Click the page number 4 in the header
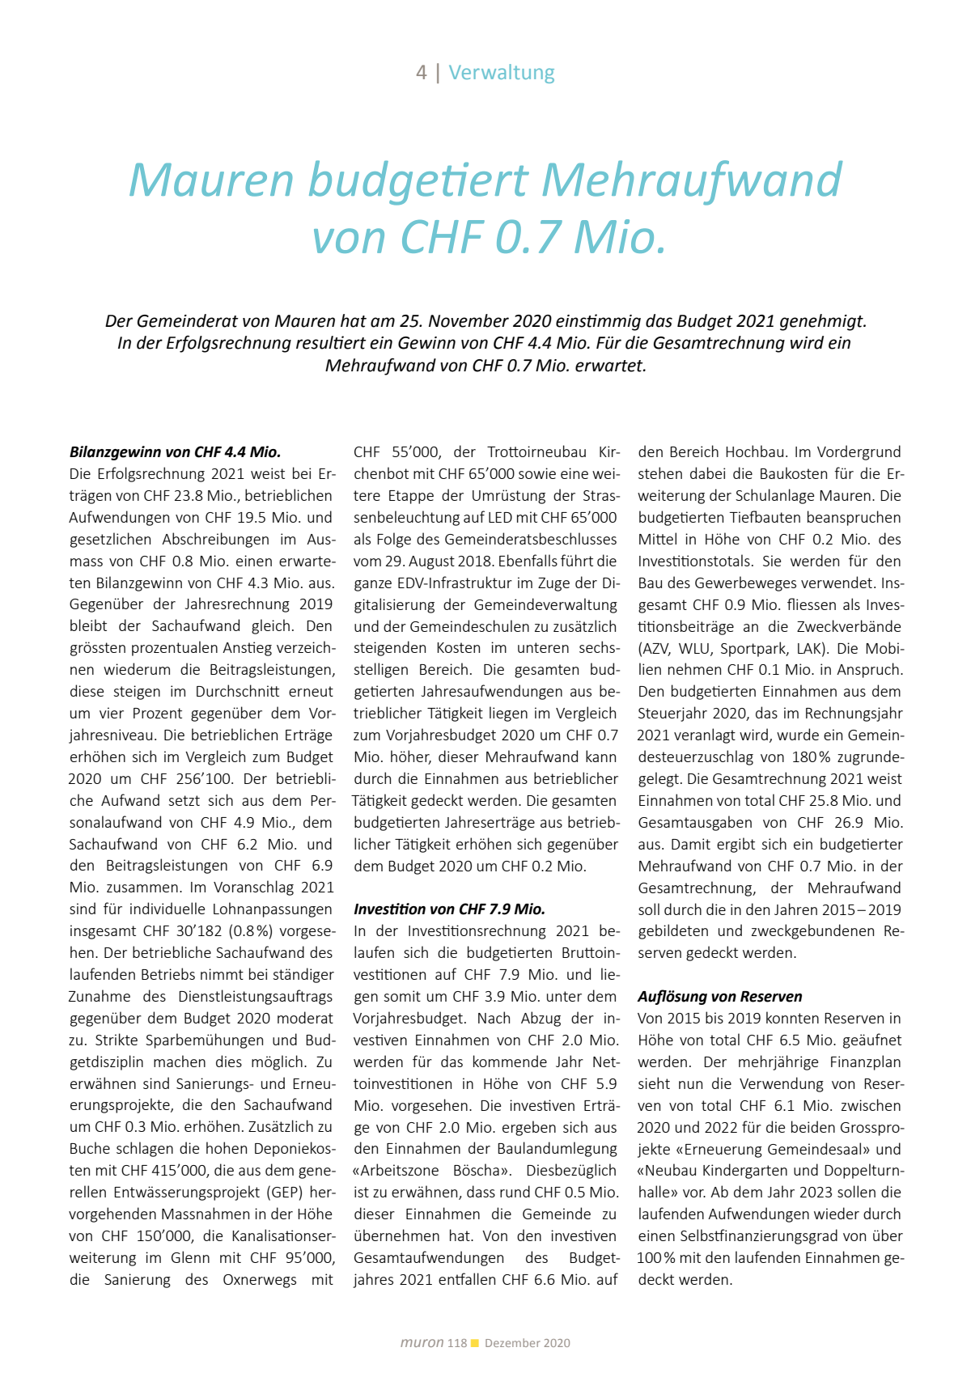422,73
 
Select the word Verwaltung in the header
502,73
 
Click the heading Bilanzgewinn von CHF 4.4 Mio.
175,452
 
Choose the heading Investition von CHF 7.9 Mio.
449,909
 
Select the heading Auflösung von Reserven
719,997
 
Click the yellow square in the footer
475,1343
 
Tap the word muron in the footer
422,1343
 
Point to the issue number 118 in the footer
457,1343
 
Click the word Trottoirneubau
536,452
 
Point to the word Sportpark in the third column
753,649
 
